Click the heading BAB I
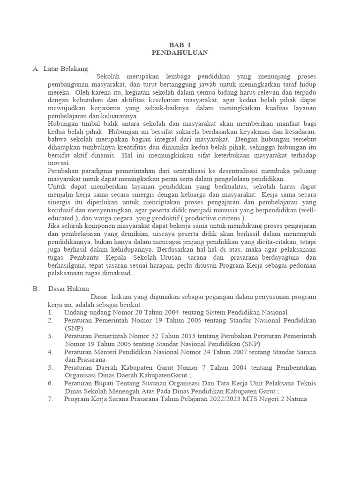point(180,45)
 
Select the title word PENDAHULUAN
point(180,53)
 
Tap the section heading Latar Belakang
point(66,69)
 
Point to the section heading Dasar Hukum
point(68,289)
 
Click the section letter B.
point(36,289)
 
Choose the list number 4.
point(51,352)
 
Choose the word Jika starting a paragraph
point(54,226)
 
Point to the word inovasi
point(59,163)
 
